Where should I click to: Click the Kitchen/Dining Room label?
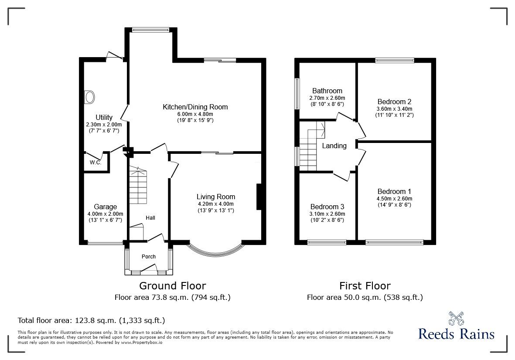point(195,107)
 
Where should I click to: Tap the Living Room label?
point(215,197)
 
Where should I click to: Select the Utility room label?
point(104,117)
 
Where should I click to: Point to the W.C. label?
point(95,163)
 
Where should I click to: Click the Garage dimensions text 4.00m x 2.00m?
point(105,214)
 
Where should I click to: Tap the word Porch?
point(149,257)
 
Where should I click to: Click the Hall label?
point(150,218)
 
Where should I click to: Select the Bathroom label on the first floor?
point(327,91)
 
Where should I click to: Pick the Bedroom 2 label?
point(394,102)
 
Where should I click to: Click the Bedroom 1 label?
point(394,191)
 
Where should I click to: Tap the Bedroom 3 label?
point(327,207)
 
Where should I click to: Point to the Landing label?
point(334,146)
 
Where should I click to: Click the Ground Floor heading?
point(172,286)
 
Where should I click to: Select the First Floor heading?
point(365,286)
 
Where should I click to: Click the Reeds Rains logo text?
point(456,334)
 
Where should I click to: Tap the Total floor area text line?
point(91,320)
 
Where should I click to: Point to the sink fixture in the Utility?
point(90,97)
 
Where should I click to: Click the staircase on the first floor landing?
point(310,146)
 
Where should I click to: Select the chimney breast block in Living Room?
point(259,197)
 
